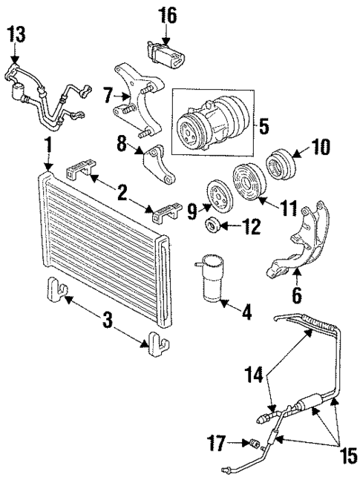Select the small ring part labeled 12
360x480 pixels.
214,225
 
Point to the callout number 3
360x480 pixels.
107,320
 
